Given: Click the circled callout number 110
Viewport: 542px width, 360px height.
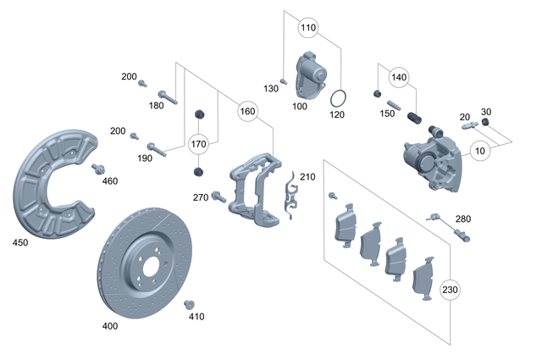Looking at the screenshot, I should click(x=308, y=28).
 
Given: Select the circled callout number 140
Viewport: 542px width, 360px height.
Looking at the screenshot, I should click(x=399, y=76).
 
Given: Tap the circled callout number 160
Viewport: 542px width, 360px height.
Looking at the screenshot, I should click(x=247, y=111).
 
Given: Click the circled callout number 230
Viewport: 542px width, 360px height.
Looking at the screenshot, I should click(x=449, y=290).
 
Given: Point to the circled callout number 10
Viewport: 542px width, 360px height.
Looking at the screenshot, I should click(x=481, y=152).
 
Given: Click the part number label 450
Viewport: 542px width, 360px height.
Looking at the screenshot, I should click(x=19, y=243).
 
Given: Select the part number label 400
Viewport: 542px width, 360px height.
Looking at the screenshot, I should click(x=110, y=325).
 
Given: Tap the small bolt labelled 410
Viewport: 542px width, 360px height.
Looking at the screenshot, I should click(x=190, y=304).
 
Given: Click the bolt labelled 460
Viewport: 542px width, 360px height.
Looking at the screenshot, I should click(x=100, y=167).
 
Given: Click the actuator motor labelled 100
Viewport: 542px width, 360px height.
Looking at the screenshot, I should click(x=312, y=73).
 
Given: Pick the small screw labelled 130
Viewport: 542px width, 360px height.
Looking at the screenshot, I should click(x=285, y=80).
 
